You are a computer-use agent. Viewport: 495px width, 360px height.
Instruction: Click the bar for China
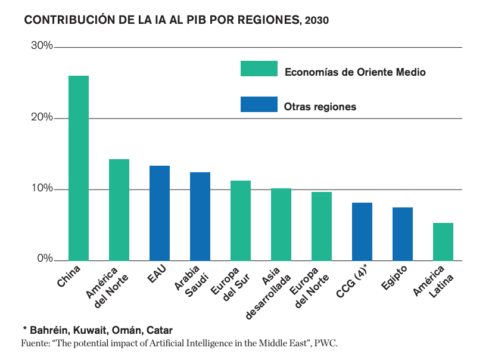[x=79, y=168]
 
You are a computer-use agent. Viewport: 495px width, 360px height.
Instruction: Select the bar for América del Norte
[x=119, y=210]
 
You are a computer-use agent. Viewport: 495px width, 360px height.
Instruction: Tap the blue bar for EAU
[x=160, y=213]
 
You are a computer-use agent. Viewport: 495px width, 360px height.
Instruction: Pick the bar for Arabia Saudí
[x=200, y=216]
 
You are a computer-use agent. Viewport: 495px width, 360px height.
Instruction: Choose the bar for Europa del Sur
[x=241, y=221]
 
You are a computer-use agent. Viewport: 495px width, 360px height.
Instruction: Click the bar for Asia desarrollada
[x=281, y=224]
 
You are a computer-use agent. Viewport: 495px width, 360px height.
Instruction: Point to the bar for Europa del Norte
[x=322, y=226]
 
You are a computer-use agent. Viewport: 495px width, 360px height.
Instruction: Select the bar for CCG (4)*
[x=362, y=231]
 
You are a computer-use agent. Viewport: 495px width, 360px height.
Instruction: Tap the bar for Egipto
[x=403, y=234]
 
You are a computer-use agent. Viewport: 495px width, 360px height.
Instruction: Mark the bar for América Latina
[x=443, y=241]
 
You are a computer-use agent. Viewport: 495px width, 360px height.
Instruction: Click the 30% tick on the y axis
[x=42, y=46]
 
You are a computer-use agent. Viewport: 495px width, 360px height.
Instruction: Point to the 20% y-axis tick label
[x=42, y=118]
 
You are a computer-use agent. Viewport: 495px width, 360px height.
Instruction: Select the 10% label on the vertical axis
[x=42, y=189]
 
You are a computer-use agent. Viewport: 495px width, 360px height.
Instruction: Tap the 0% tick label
[x=45, y=259]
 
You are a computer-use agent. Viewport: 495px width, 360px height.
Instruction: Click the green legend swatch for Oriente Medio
[x=259, y=69]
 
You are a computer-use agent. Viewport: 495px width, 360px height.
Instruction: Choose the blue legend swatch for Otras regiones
[x=259, y=104]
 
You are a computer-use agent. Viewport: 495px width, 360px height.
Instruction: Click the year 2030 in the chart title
[x=316, y=20]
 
